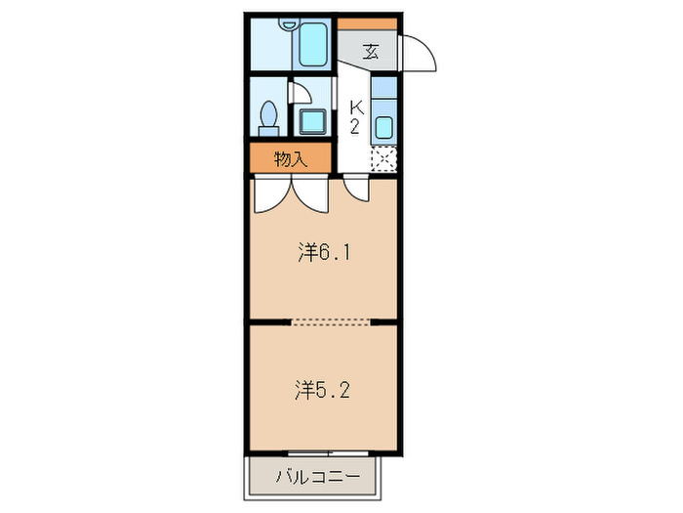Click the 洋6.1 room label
coord(324,252)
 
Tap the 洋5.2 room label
coord(322,390)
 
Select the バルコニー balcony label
coord(318,477)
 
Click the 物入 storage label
coord(291,159)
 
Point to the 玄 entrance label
coord(371,52)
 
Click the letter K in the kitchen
coord(357,107)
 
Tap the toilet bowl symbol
coord(268,118)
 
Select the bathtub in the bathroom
coord(313,45)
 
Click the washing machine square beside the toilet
coord(312,122)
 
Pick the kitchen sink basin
coord(383,127)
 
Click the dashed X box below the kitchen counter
coord(383,159)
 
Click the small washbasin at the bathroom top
coord(289,23)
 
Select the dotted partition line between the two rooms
coord(331,322)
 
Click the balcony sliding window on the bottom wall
coord(328,453)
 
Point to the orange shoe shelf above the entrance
coord(367,23)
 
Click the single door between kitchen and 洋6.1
coord(357,188)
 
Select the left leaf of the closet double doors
coord(272,193)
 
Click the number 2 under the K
coord(355,126)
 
